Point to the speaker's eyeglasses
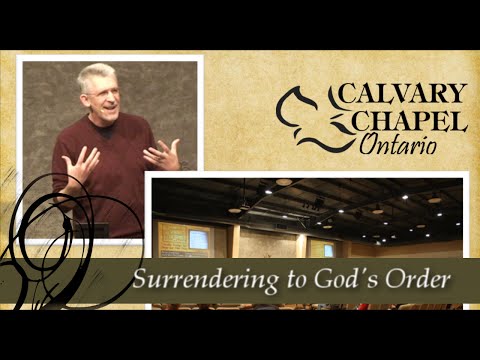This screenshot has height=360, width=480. coord(101,91)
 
